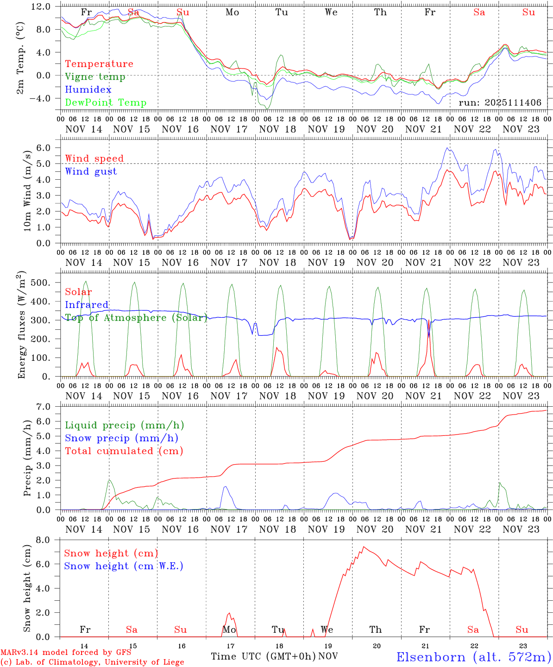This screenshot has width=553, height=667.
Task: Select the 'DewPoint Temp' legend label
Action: click(x=106, y=103)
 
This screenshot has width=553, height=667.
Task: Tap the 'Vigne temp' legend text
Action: click(x=95, y=77)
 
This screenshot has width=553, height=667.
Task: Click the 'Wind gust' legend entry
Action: click(x=91, y=171)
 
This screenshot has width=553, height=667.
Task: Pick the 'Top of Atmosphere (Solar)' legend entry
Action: click(x=136, y=318)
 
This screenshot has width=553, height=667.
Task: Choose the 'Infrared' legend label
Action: click(x=87, y=305)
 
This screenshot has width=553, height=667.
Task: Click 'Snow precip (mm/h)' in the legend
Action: click(x=121, y=438)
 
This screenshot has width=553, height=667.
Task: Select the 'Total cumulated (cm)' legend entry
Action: click(x=124, y=451)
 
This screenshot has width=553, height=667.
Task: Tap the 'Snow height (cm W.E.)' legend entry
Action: click(x=124, y=566)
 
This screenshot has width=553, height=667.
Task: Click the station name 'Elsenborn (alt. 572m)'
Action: click(x=473, y=657)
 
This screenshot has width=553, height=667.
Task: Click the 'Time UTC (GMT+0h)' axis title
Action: click(x=264, y=656)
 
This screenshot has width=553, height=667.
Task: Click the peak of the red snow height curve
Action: click(x=364, y=547)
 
